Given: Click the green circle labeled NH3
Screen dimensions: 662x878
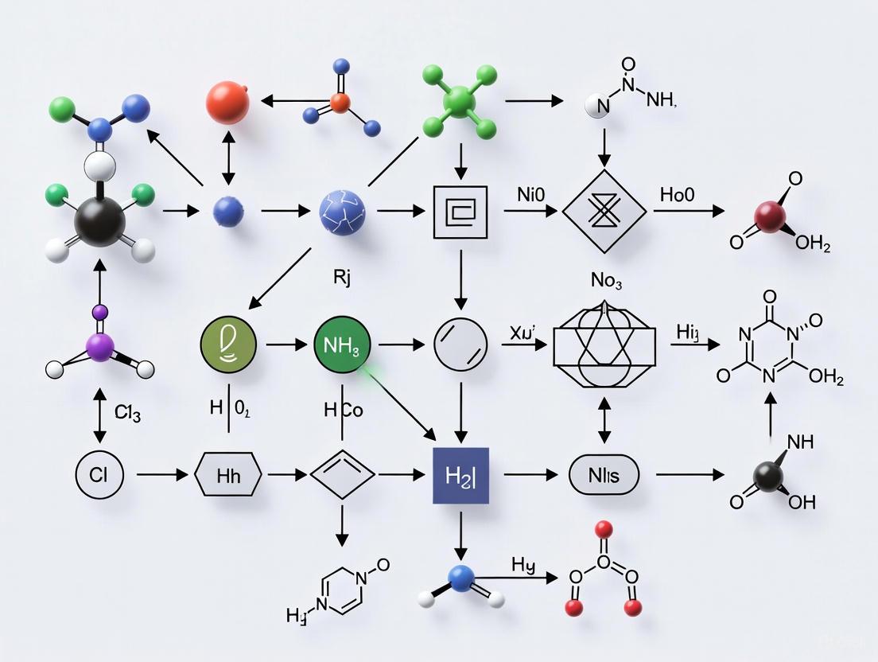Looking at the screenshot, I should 342,345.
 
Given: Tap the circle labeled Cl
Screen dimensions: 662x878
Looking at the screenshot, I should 99,475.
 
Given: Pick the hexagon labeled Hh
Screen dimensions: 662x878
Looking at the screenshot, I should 227,475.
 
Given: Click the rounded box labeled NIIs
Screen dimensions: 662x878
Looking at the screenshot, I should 604,475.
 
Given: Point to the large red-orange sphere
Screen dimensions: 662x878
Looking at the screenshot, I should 227,101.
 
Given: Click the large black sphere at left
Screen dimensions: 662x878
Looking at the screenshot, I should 99,220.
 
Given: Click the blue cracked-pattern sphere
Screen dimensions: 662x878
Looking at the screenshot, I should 342,212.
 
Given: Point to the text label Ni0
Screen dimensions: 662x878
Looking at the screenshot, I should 524,193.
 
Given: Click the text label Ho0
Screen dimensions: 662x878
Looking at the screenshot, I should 678,193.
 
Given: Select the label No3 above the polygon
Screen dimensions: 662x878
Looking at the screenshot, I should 606,279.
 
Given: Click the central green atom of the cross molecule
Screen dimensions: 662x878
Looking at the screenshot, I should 459,101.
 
